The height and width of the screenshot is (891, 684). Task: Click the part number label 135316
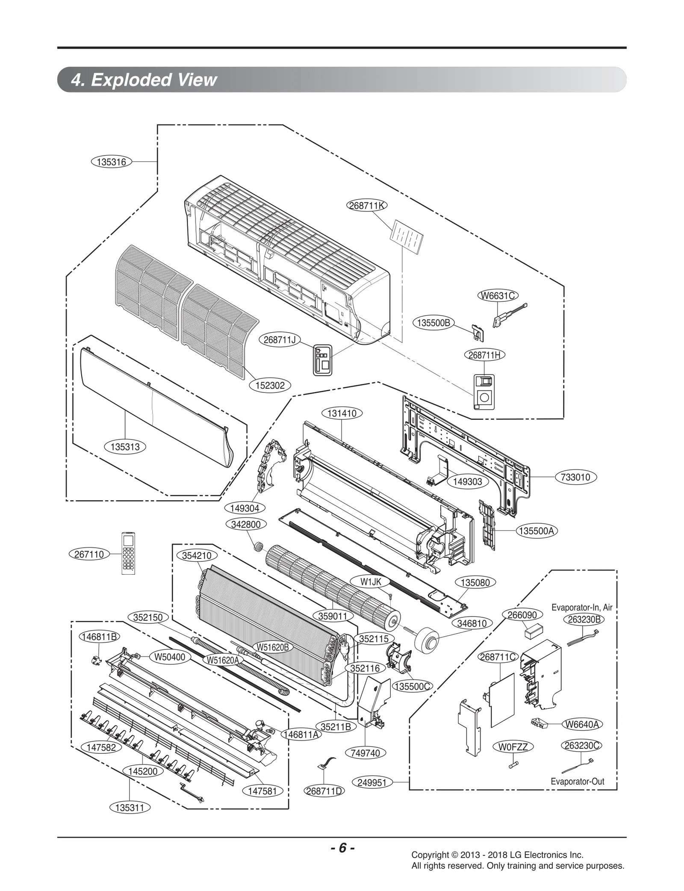pyautogui.click(x=111, y=162)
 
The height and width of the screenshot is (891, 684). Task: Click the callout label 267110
pyautogui.click(x=89, y=554)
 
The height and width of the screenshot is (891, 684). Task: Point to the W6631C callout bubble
pyautogui.click(x=498, y=295)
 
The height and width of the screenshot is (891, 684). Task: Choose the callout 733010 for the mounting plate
pyautogui.click(x=575, y=477)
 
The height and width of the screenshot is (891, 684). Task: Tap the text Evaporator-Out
pyautogui.click(x=577, y=782)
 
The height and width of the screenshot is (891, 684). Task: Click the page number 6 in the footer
pyautogui.click(x=342, y=848)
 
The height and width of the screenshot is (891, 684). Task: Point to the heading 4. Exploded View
pyautogui.click(x=144, y=80)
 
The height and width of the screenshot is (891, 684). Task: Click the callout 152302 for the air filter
pyautogui.click(x=270, y=385)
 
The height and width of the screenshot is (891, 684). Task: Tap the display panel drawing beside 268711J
pyautogui.click(x=322, y=360)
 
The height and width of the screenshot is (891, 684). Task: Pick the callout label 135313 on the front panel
pyautogui.click(x=125, y=447)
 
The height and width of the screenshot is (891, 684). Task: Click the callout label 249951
pyautogui.click(x=371, y=782)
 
